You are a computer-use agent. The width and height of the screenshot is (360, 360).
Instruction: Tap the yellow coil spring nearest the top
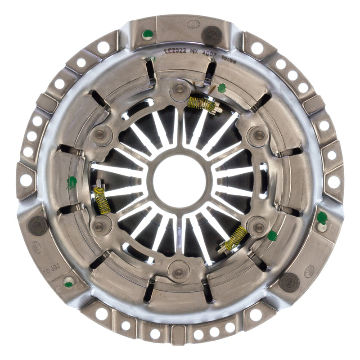pyautogui.click(x=202, y=104)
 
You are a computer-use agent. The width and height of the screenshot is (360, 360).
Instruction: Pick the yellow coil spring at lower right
pyautogui.click(x=236, y=238)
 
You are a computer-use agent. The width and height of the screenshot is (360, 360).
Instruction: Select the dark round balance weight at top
pyautogui.click(x=211, y=34)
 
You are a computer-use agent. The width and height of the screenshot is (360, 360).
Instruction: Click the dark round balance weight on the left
pyautogui.click(x=38, y=225)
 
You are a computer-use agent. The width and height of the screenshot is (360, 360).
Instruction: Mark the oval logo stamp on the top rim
pyautogui.click(x=193, y=24)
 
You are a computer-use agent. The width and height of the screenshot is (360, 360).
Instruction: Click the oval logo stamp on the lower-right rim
pyautogui.click(x=309, y=271)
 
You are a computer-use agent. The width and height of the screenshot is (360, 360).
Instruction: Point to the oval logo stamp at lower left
pyautogui.click(x=36, y=247)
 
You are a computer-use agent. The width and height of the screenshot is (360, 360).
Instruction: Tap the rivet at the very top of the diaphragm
pyautogui.click(x=180, y=89)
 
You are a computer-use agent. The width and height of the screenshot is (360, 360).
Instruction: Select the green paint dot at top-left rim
pyautogui.click(x=147, y=34)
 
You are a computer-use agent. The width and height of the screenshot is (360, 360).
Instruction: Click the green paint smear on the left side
pyautogui.click(x=72, y=182)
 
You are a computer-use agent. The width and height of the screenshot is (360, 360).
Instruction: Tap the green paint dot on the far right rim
pyautogui.click(x=321, y=218)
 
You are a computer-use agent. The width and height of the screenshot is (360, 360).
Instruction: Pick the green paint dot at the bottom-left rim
pyautogui.click(x=68, y=283)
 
